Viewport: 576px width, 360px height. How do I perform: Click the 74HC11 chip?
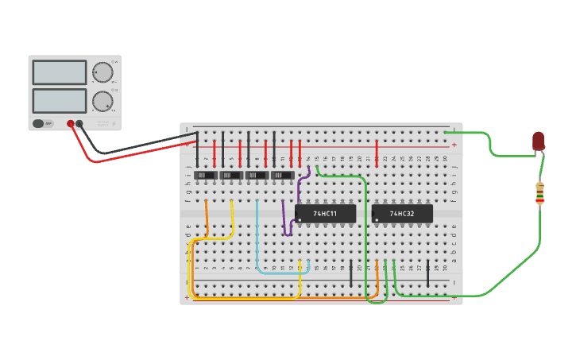(x=325, y=214)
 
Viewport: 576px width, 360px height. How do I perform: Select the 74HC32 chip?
(x=402, y=214)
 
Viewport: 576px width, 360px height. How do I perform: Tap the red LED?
(x=538, y=141)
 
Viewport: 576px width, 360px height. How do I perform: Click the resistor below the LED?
(x=539, y=193)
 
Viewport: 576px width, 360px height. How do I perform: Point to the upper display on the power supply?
(x=60, y=72)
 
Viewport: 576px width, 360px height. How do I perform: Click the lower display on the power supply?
(x=60, y=100)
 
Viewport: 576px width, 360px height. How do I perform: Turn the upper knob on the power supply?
(x=102, y=72)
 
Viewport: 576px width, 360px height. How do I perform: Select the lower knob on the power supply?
(x=102, y=101)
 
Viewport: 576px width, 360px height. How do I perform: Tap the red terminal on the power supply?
(x=71, y=123)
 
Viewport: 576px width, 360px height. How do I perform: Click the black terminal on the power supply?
(x=79, y=123)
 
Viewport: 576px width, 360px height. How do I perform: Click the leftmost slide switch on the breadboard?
(x=206, y=175)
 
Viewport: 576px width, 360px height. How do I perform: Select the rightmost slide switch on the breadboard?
(x=282, y=175)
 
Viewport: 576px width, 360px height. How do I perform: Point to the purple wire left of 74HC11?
(x=284, y=219)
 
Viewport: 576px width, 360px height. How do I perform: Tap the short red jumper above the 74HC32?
(x=377, y=151)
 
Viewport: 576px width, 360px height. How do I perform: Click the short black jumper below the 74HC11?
(x=351, y=273)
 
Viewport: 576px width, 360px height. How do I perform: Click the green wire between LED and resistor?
(x=543, y=167)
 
